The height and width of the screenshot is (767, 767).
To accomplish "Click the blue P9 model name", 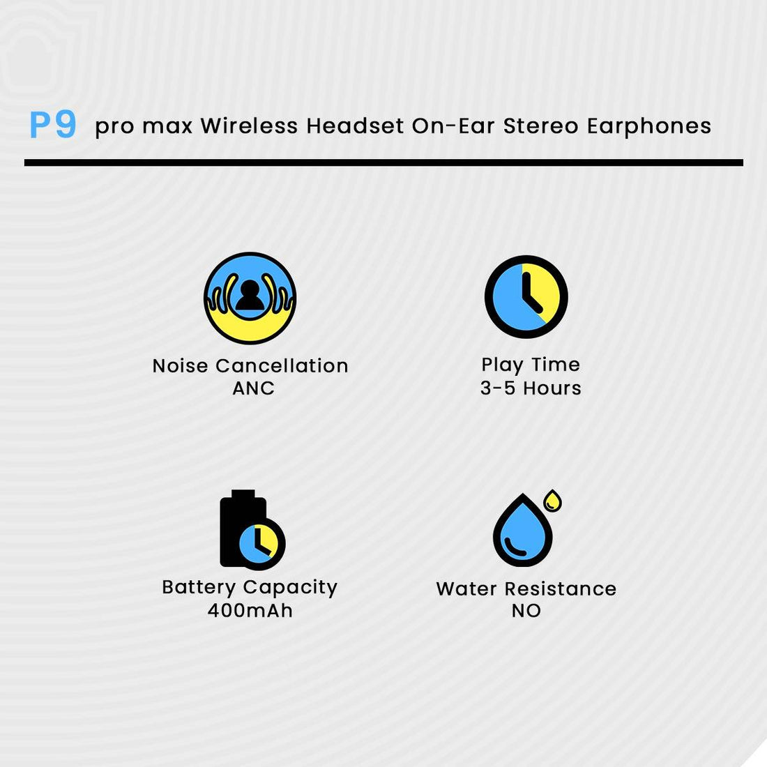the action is point(53,124).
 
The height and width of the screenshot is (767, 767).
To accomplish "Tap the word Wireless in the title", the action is point(249,126).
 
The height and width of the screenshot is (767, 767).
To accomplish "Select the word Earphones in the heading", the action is point(649,126).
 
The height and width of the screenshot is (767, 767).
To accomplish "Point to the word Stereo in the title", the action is point(542,126).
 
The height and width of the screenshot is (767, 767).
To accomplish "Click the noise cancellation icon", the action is point(250,298).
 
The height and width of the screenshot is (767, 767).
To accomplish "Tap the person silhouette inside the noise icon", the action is point(250,295).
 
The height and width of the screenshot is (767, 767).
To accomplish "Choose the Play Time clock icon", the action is point(526,296).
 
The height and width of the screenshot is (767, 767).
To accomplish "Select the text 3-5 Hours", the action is point(531,388).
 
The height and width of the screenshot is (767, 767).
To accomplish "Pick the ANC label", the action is point(253,388).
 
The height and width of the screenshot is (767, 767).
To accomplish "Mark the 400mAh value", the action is point(250,610).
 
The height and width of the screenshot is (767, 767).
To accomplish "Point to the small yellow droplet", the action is point(553,501).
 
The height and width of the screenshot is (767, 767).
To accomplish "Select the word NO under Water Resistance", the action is point(526,611).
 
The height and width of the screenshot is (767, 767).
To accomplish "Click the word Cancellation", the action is point(282,365).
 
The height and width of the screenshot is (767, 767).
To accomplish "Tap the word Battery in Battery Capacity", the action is point(199,588).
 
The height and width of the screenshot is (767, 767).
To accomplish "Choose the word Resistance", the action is point(561,588).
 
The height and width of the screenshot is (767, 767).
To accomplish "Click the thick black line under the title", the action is point(383,162).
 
